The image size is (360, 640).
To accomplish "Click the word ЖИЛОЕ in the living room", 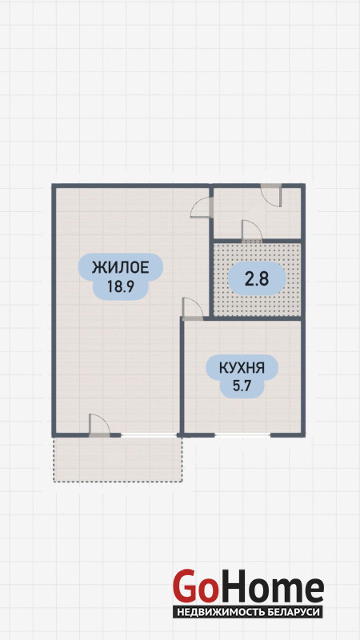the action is (x=121, y=268).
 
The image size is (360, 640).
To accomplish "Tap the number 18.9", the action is (x=121, y=287).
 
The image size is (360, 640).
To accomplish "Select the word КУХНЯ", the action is (x=242, y=369).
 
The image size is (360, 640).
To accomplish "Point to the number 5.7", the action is (x=242, y=386).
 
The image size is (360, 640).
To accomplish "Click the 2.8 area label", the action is (x=256, y=279).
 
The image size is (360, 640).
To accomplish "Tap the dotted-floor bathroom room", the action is (x=258, y=279).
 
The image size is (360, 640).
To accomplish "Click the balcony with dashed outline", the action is (x=118, y=459).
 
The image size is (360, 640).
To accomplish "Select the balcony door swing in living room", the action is (x=99, y=426).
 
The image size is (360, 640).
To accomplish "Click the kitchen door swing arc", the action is (x=192, y=308).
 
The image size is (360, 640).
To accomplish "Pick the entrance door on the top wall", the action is (x=271, y=195).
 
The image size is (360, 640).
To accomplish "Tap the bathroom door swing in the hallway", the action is (x=251, y=230).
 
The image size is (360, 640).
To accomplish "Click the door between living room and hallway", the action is (x=202, y=208).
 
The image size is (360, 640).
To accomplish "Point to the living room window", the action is (x=149, y=435).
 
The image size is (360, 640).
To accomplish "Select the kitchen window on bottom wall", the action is (x=242, y=435).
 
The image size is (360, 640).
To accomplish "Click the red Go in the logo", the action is (x=194, y=586).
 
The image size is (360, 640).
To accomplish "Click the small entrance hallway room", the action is (x=258, y=213).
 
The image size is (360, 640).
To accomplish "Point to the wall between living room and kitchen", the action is (x=182, y=375).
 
